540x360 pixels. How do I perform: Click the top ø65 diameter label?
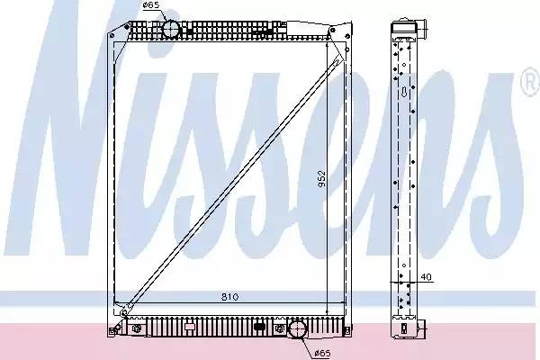[150, 5]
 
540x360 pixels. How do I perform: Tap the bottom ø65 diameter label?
[323, 353]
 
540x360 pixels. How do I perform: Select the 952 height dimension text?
[321, 178]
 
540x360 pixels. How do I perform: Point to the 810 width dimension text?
[230, 297]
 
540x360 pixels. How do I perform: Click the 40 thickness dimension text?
[426, 276]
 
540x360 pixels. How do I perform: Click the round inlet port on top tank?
[171, 29]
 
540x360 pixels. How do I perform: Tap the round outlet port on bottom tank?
[297, 329]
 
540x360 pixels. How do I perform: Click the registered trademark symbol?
[530, 83]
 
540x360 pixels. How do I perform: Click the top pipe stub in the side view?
[423, 30]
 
